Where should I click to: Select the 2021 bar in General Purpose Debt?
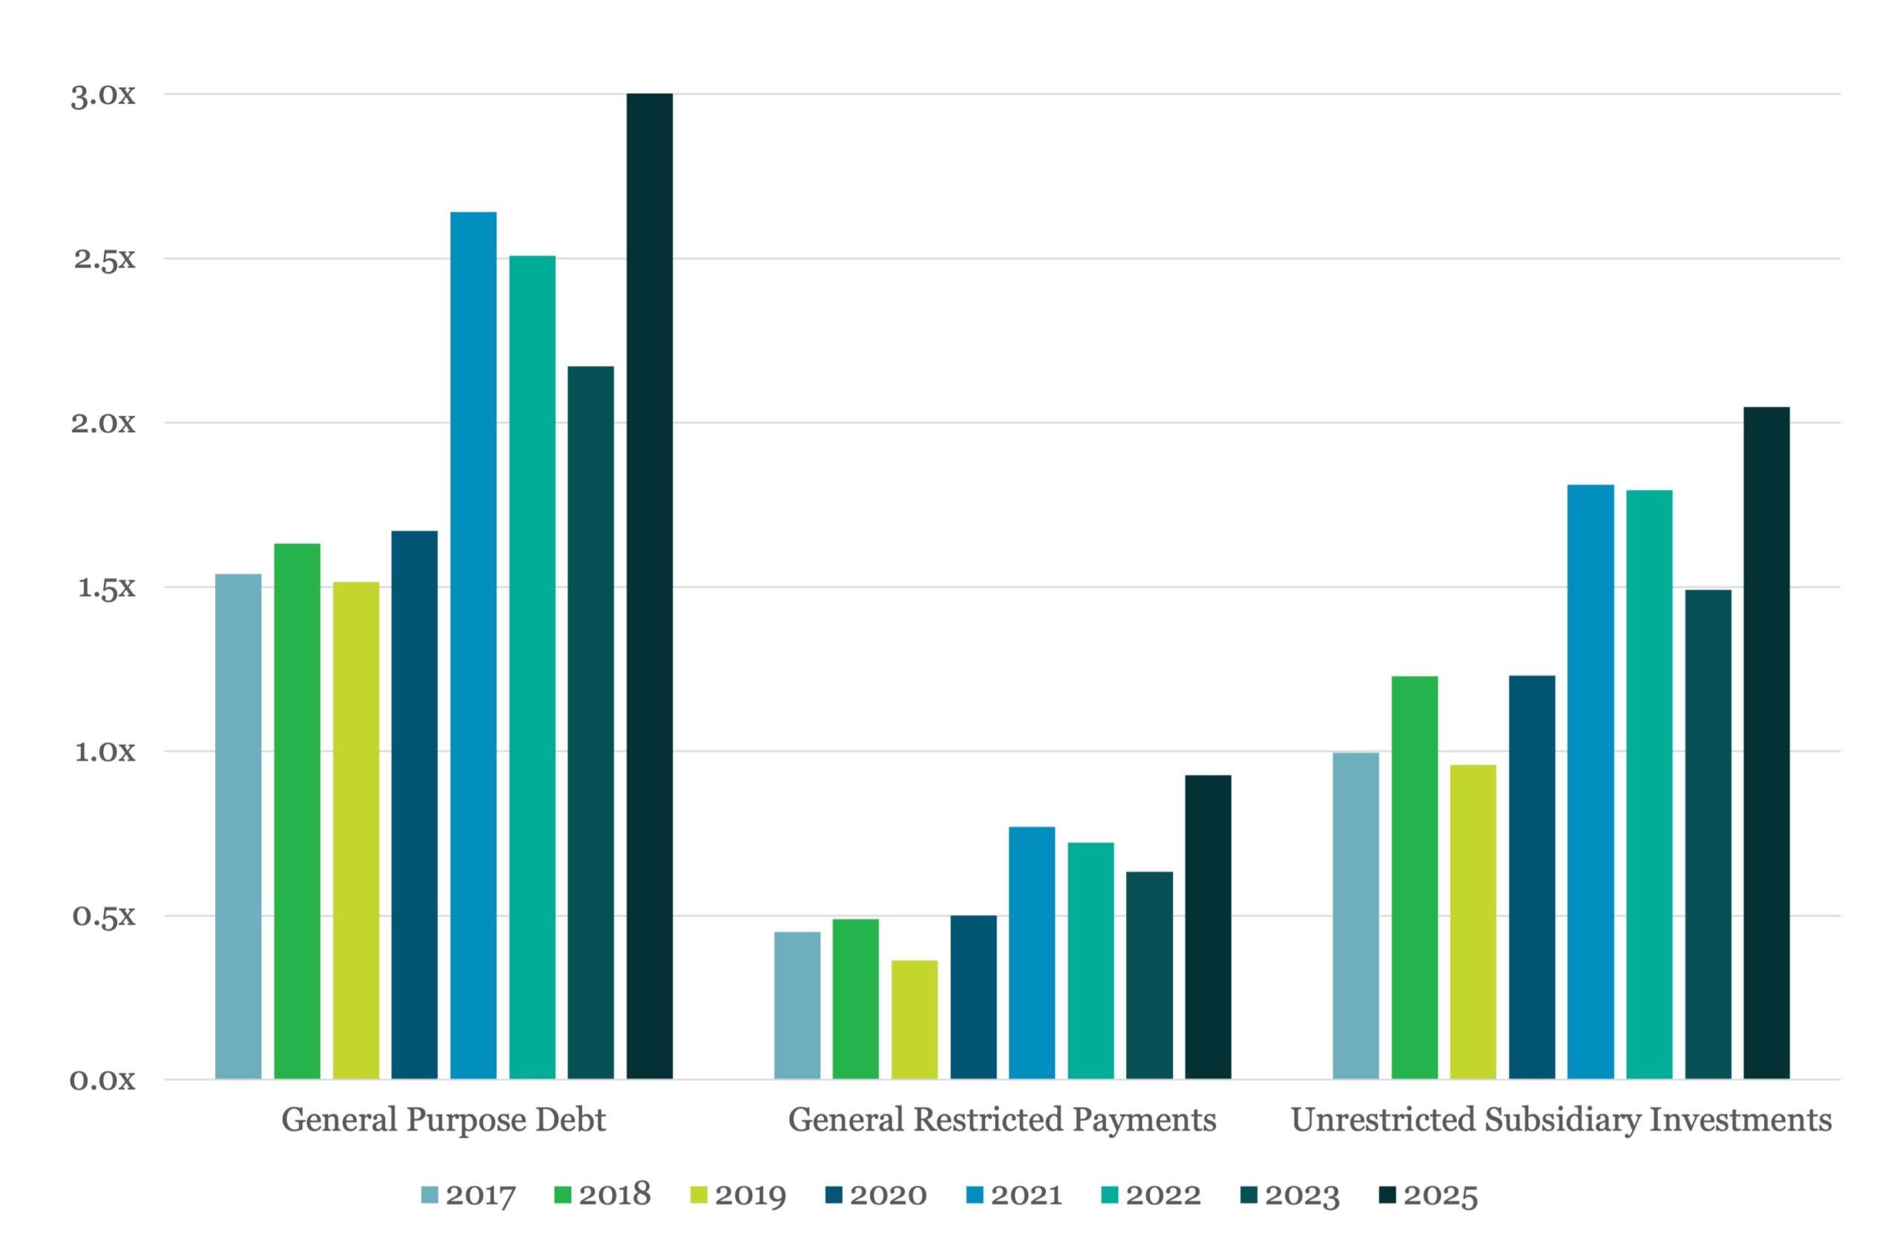click(x=473, y=645)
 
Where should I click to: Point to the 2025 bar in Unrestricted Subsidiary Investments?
click(x=1766, y=743)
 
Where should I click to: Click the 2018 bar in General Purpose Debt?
click(x=297, y=811)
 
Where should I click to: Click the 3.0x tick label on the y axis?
click(x=103, y=95)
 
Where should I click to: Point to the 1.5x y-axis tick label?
click(x=106, y=588)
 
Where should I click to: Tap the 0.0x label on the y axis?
click(x=103, y=1081)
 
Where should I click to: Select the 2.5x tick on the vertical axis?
click(x=105, y=259)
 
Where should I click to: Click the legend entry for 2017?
click(x=468, y=1195)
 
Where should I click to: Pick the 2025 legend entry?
click(x=1428, y=1195)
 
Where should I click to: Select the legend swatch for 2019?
click(x=698, y=1195)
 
